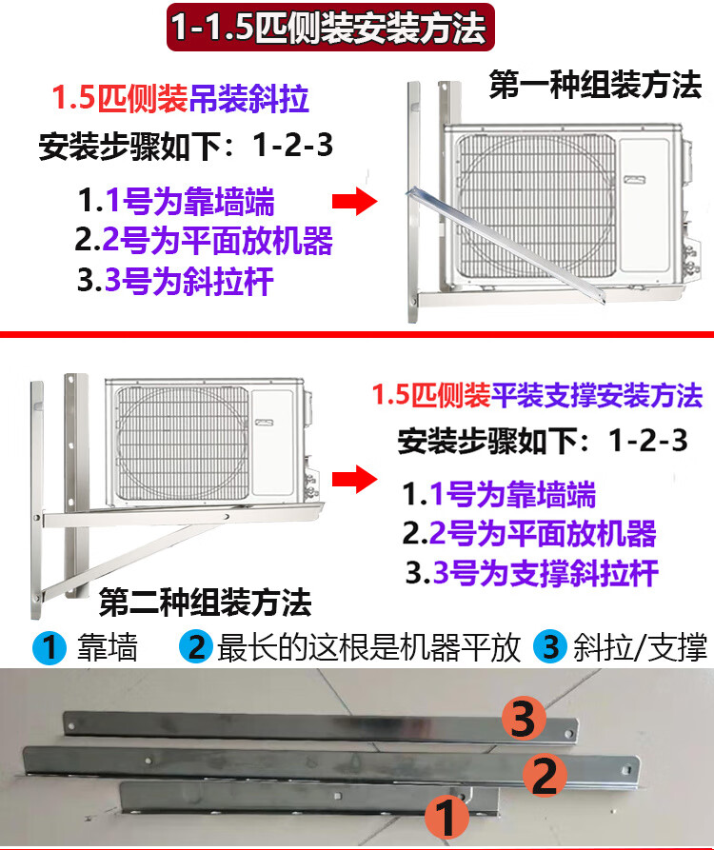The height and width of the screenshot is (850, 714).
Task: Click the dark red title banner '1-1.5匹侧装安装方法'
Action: point(330,27)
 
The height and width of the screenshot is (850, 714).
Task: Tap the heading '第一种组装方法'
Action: point(595,85)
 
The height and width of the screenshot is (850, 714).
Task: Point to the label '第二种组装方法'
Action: point(206,602)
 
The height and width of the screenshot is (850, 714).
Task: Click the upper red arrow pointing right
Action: point(354,201)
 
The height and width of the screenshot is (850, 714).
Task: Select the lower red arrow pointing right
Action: point(354,479)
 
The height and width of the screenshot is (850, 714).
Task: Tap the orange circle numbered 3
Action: point(524,719)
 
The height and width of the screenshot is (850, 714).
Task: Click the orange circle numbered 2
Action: point(545,775)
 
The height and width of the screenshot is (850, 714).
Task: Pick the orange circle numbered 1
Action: point(446,817)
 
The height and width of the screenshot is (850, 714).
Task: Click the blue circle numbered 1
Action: point(50,647)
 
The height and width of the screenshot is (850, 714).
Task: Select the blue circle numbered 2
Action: point(196,646)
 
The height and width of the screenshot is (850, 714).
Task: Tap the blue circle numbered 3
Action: point(551,646)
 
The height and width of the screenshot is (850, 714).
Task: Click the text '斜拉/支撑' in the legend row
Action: point(641,646)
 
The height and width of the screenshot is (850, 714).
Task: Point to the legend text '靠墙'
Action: point(108,647)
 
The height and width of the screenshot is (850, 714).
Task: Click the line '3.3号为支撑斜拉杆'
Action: point(532,572)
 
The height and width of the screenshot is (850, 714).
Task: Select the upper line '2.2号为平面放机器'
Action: point(204,240)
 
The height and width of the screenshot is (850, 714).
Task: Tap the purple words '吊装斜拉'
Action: point(248,99)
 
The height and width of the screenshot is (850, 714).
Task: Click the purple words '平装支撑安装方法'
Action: point(597,395)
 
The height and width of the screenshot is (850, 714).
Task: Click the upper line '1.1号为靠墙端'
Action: point(176,201)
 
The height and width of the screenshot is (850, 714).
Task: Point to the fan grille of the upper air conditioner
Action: point(537,206)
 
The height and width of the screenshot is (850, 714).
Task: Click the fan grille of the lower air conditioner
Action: point(183,443)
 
